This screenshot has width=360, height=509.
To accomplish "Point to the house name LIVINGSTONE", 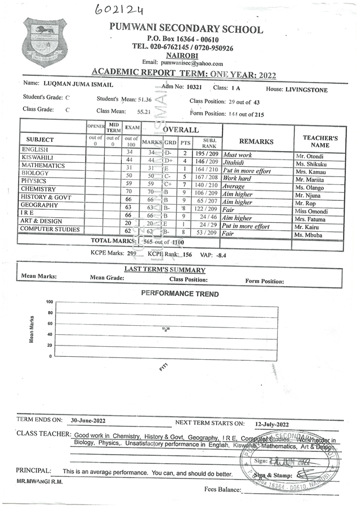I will click(x=306, y=90).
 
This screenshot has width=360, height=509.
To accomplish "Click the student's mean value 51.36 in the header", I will click(x=144, y=100).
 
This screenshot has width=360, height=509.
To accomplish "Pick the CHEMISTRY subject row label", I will click(x=38, y=189).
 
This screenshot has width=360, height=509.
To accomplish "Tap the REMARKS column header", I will click(x=256, y=142).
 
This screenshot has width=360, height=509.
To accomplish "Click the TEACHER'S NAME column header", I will click(x=320, y=141).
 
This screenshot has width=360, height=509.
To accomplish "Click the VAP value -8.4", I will click(x=222, y=255).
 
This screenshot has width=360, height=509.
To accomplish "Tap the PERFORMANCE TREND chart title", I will click(x=179, y=294).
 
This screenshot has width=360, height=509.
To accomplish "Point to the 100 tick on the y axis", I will click(x=49, y=302).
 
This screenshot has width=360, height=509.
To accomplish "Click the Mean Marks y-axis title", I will click(x=32, y=329).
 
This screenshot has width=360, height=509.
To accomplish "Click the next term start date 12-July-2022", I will click(x=272, y=424).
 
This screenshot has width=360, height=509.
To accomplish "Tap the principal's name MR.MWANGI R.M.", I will click(x=40, y=482).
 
